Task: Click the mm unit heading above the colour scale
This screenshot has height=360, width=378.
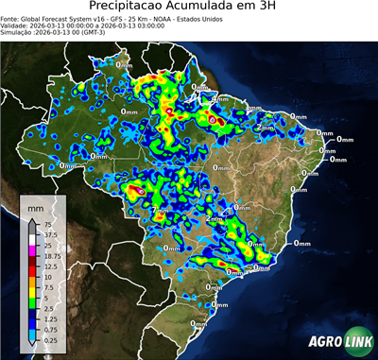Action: click(x=35, y=206)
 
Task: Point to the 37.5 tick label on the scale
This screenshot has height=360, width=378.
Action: click(x=49, y=234)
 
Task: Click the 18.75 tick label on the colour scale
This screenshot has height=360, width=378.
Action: click(x=51, y=256)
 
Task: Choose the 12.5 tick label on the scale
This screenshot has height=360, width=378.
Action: click(x=49, y=266)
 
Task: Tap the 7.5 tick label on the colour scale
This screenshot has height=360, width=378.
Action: click(x=47, y=287)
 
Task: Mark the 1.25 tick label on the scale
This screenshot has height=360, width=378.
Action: click(x=49, y=309)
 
